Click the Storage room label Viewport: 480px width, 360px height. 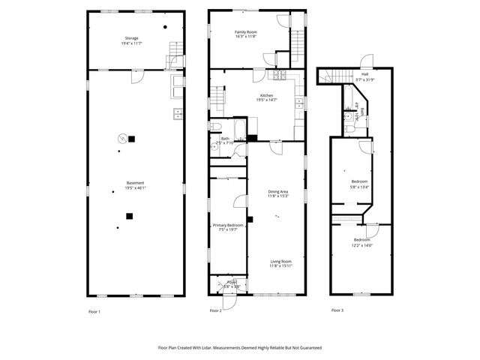[131, 37]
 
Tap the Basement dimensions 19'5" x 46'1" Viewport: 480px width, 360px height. [136, 188]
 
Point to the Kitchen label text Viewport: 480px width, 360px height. [266, 95]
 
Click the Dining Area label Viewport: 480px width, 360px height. [278, 192]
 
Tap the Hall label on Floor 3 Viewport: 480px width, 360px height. [364, 74]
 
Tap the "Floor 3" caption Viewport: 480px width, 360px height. [337, 310]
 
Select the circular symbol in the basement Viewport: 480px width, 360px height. [121, 137]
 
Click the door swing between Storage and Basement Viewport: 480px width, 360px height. [136, 76]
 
